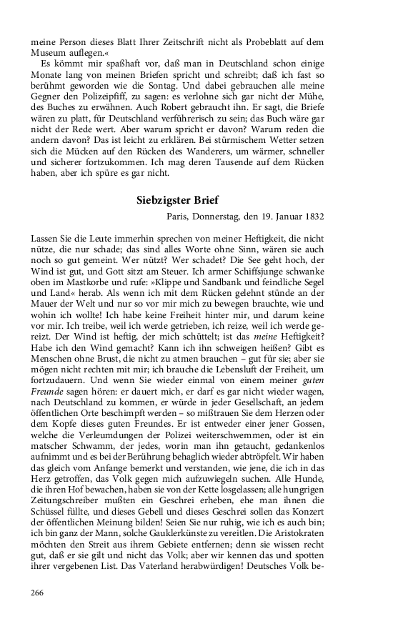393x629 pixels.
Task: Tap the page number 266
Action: (40, 593)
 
